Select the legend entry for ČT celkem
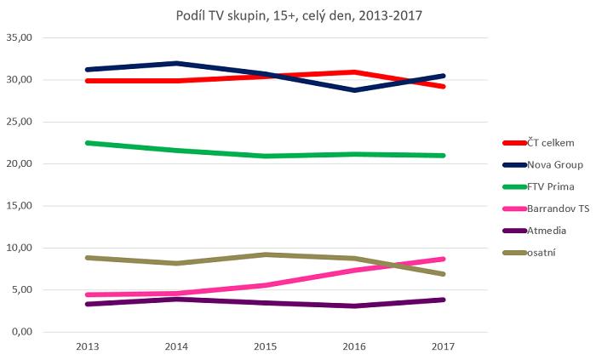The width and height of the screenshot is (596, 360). pyautogui.click(x=546, y=142)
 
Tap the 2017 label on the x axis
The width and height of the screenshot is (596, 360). pyautogui.click(x=443, y=346)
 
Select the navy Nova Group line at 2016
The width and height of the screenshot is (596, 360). pyautogui.click(x=353, y=89)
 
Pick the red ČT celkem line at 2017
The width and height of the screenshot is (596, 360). pyautogui.click(x=443, y=86)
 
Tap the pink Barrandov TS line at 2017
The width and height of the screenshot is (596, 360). pyautogui.click(x=443, y=259)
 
